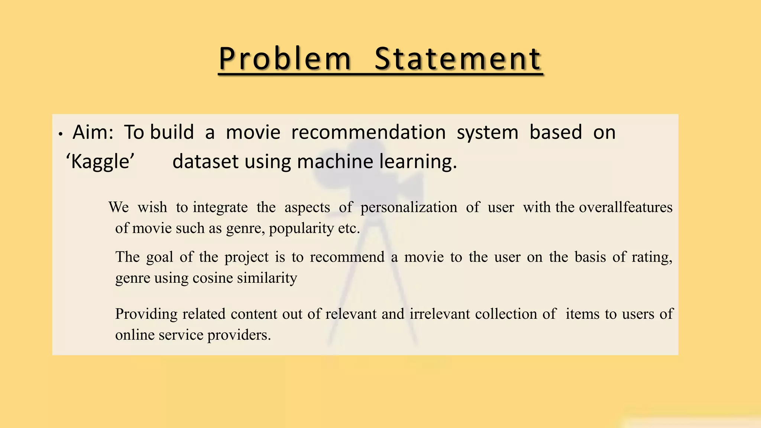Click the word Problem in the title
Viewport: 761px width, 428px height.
(285, 59)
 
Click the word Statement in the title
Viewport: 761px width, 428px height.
(458, 59)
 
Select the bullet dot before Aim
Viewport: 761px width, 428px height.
(61, 134)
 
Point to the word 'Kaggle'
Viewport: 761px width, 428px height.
(100, 162)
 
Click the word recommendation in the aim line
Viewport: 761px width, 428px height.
(368, 132)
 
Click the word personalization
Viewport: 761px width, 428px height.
(409, 207)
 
